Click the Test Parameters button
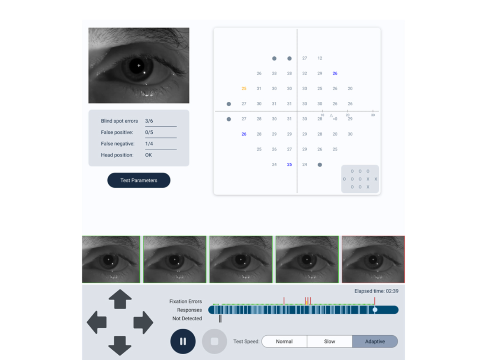139,180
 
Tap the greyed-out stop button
214,341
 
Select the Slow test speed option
329,341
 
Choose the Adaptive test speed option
375,341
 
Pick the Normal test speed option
284,341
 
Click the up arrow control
120,299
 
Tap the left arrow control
97,322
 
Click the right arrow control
143,323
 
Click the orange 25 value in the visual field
244,89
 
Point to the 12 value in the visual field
320,58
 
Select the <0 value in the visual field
335,119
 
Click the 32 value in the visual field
305,73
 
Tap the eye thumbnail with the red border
373,259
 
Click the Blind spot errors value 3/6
149,121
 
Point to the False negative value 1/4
149,144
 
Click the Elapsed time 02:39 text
376,291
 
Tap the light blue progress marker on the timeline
375,310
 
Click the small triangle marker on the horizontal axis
331,116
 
